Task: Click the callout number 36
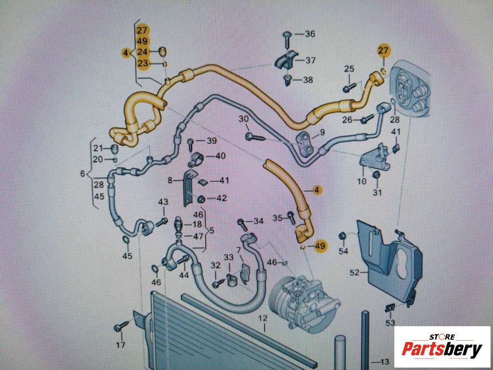click(310, 34)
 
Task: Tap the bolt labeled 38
click(287, 79)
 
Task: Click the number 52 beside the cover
click(354, 273)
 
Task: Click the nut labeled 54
click(343, 236)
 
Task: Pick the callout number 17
click(120, 345)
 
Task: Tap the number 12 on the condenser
click(262, 318)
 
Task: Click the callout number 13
click(384, 362)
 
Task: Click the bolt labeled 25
click(348, 88)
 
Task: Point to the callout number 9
click(322, 132)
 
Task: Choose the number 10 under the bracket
click(362, 181)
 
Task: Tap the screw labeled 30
click(252, 136)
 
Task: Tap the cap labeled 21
click(114, 148)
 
